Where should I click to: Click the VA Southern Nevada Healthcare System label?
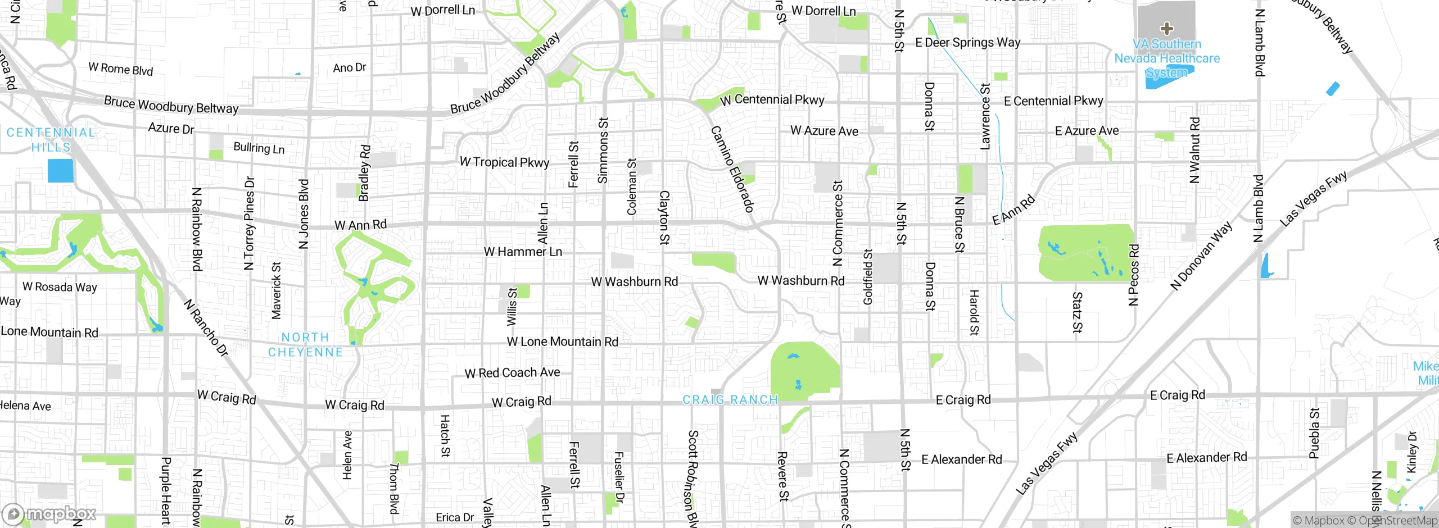tap(1167, 58)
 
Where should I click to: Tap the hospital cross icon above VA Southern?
tap(1166, 28)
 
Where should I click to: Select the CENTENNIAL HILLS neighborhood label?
tap(51, 140)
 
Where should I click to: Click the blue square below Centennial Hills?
tap(61, 171)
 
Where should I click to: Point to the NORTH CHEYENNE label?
tap(305, 345)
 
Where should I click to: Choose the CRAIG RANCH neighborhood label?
tap(730, 400)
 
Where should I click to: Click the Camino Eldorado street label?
tap(732, 169)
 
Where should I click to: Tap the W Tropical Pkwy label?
tap(504, 162)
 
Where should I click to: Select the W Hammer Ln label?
tap(523, 252)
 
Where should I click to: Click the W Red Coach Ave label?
tap(512, 373)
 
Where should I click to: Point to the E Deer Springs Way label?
tap(967, 43)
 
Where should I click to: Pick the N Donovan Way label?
tap(1201, 256)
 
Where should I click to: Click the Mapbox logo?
tap(51, 514)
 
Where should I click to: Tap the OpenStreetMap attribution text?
tap(1398, 521)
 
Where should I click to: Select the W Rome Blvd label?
tap(120, 69)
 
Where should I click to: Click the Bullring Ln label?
tap(259, 148)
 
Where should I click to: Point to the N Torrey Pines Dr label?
tap(249, 223)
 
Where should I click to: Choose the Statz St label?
tap(1077, 312)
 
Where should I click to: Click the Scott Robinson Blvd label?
tap(693, 477)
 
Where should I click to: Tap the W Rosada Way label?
tap(60, 287)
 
